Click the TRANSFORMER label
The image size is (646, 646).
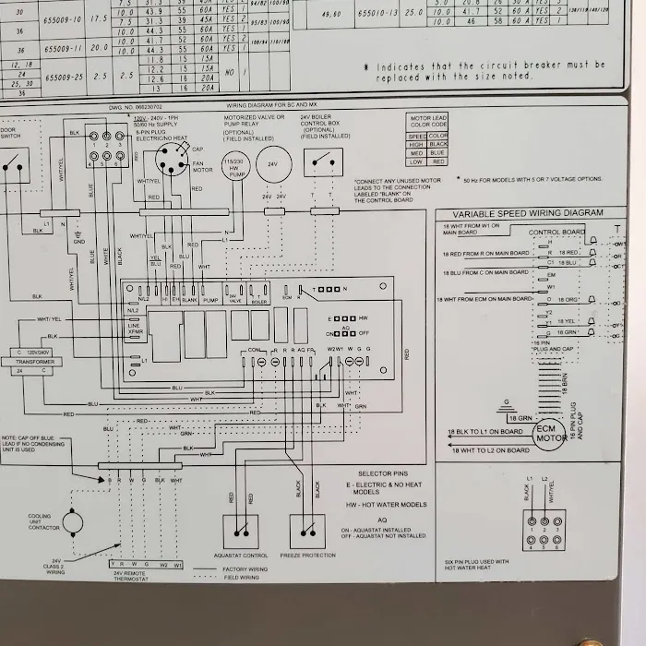[x=34, y=362]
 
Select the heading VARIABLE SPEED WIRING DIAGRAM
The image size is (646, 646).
[x=527, y=213]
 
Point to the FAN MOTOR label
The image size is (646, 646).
[x=202, y=166]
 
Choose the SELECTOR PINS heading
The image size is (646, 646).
[x=388, y=473]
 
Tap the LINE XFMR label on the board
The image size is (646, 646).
[x=134, y=329]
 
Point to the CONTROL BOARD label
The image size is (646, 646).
[x=556, y=232]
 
